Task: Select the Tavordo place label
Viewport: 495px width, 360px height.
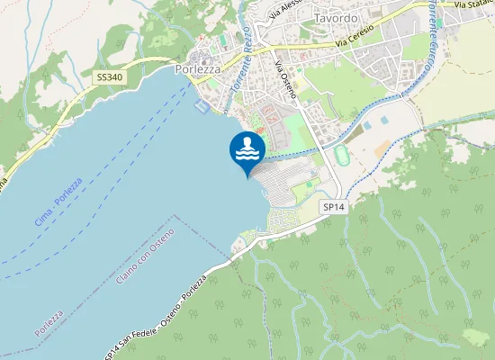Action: [x=337, y=18]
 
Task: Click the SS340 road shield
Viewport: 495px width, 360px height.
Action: [x=109, y=77]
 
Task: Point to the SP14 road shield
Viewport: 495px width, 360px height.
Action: [x=334, y=207]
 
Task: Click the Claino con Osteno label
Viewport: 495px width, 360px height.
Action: [x=145, y=257]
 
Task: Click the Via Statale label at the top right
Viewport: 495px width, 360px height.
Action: [x=473, y=4]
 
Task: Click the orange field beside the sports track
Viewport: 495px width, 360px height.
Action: [x=382, y=145]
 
